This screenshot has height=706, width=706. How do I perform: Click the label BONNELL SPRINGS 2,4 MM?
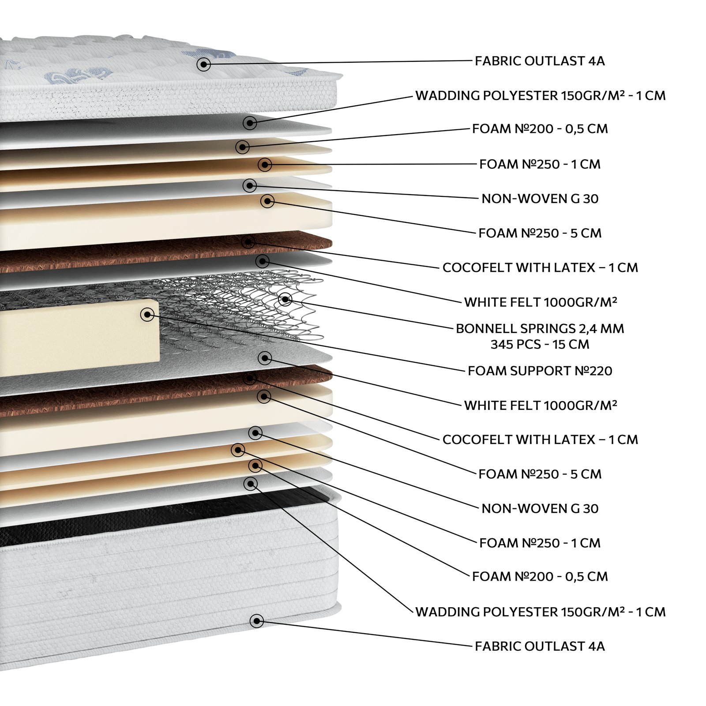tap(540, 329)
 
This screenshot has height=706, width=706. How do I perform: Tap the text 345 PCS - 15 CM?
tap(540, 345)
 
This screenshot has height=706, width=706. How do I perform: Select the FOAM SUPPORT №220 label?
tap(540, 371)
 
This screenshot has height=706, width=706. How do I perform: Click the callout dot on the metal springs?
tap(285, 300)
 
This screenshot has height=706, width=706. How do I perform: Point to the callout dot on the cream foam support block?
tap(147, 315)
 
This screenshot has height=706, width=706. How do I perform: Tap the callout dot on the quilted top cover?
tap(203, 64)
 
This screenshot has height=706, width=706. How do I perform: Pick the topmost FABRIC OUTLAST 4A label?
tap(540, 61)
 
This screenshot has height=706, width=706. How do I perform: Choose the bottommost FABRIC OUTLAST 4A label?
tap(540, 646)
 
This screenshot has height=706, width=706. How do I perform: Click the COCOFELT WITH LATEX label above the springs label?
tap(540, 268)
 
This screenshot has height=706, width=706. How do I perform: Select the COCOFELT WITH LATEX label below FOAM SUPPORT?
tap(540, 440)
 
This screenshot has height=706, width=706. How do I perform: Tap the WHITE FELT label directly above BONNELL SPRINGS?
tap(541, 302)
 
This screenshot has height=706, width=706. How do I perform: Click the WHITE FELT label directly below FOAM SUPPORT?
tap(541, 406)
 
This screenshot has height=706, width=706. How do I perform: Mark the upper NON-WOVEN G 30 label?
tap(540, 199)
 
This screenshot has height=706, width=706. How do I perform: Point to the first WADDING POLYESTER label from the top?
tap(541, 96)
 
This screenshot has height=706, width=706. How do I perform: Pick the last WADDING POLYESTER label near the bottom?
tap(541, 612)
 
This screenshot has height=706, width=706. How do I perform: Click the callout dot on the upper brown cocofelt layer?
tap(249, 242)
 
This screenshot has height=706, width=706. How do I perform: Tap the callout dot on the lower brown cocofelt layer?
tap(250, 379)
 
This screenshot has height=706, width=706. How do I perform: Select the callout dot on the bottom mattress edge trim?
tap(257, 621)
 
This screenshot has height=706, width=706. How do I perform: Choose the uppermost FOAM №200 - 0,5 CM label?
tap(540, 129)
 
